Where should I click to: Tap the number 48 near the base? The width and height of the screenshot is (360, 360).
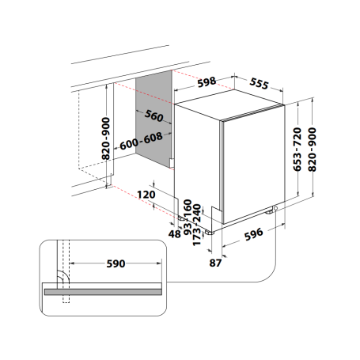pyautogui.click(x=174, y=234)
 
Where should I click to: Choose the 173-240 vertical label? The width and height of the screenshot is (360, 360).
pyautogui.click(x=198, y=224)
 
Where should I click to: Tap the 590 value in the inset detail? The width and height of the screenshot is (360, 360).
pyautogui.click(x=116, y=264)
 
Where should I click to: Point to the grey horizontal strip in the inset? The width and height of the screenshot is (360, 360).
pyautogui.click(x=103, y=291)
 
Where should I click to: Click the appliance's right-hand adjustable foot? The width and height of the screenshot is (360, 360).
pyautogui.click(x=274, y=210)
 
